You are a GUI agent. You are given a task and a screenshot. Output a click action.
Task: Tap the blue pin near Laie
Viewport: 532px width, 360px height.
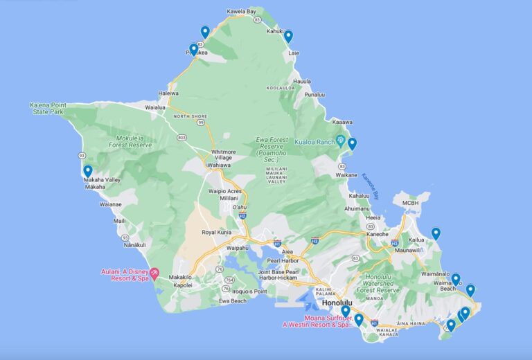pos(288,36)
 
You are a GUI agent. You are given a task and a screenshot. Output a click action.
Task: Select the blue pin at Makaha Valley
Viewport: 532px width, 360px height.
pos(88,171)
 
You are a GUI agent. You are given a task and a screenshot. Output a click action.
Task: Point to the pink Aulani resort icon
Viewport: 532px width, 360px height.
pos(154,273)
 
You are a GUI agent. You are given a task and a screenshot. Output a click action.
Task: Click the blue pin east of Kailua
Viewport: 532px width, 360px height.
pos(436,233)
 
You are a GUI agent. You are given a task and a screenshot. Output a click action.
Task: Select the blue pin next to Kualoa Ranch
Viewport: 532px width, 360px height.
pos(352,143)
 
